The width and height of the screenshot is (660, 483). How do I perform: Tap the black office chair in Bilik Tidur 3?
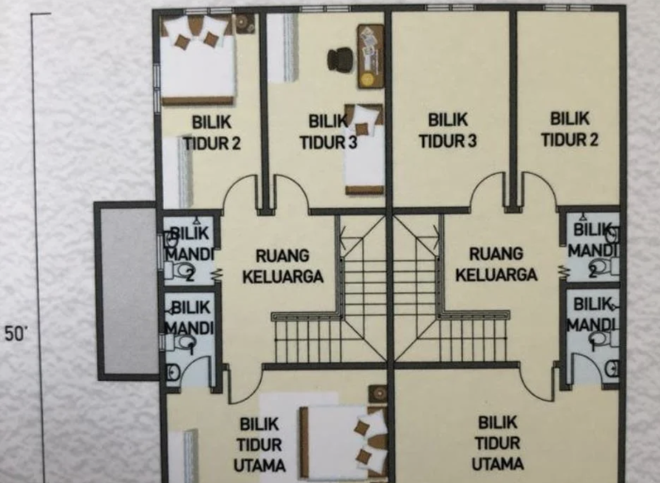click(x=340, y=59)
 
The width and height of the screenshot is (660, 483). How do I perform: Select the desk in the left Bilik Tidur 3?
click(x=371, y=56)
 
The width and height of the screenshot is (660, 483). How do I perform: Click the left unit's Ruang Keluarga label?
click(x=283, y=266)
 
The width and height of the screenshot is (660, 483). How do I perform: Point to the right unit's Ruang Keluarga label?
click(x=496, y=264)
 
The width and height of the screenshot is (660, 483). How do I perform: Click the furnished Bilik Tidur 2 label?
click(x=212, y=132)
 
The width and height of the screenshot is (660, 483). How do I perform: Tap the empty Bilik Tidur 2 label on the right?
click(x=569, y=129)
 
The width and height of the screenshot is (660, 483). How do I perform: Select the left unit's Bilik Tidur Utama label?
click(x=259, y=445)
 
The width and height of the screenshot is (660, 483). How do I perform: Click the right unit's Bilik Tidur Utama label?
click(x=497, y=443)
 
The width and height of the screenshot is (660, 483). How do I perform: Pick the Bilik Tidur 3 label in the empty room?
click(x=448, y=130)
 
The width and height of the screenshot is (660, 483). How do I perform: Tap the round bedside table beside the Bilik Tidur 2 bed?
click(x=244, y=23)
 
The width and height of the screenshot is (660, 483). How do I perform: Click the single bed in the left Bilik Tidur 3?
click(x=364, y=149)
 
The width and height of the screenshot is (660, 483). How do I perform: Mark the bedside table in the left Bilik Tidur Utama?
click(x=378, y=393)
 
